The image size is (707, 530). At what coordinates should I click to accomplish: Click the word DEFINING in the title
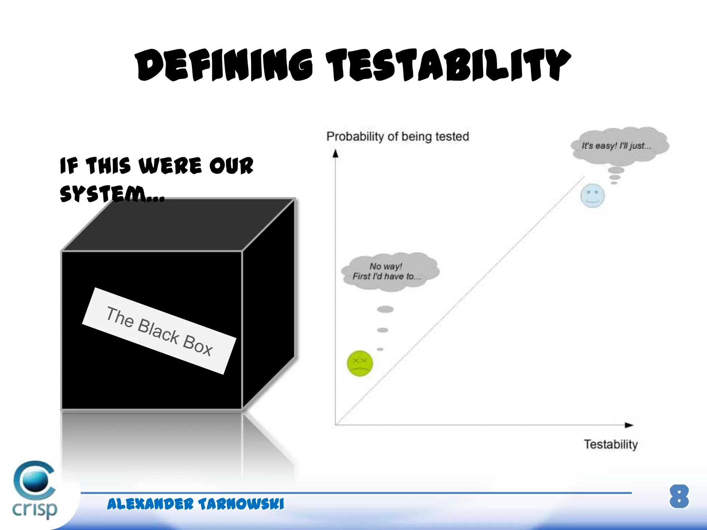pos(224,65)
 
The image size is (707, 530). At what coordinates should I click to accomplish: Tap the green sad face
pos(360,363)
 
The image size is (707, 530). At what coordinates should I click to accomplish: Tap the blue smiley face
pos(592,195)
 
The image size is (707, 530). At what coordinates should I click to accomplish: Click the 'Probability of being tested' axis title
pos(398,137)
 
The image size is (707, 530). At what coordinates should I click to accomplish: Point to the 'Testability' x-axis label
pos(610,444)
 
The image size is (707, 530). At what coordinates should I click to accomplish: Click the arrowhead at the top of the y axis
pos(335,154)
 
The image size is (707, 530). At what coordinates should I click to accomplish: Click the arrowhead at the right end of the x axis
pos(629,425)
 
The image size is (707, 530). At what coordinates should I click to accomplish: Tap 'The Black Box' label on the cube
pos(159,331)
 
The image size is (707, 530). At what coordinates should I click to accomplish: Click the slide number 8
pos(679,497)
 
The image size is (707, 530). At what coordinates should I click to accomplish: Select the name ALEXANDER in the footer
pos(150,504)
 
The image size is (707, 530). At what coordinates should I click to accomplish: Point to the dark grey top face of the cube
pos(180,224)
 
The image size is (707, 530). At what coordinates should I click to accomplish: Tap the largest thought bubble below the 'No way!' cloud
pos(385,309)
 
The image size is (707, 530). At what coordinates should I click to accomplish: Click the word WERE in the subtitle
pos(170,166)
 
